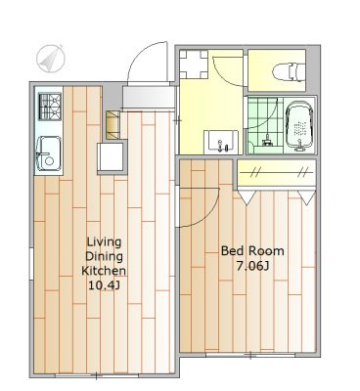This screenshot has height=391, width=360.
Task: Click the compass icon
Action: click(50, 59)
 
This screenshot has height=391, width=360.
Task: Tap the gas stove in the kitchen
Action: click(50, 107)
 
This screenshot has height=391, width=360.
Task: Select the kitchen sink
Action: click(48, 153)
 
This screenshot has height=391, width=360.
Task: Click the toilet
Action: click(289, 72)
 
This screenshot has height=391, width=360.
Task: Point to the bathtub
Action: click(299, 126)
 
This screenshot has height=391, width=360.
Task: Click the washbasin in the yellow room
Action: click(221, 141)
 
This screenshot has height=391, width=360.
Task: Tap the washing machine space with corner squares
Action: click(194, 65)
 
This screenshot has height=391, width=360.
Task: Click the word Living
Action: click(104, 242)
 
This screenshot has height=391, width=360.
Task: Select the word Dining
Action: click(104, 256)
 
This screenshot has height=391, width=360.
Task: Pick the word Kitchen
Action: click(104, 271)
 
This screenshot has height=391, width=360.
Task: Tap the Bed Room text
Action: click(252, 251)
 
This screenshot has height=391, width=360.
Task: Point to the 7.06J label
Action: click(252, 266)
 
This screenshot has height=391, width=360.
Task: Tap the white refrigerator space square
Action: click(112, 156)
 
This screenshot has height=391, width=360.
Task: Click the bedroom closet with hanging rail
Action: click(276, 173)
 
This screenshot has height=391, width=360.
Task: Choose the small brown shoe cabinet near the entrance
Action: click(112, 125)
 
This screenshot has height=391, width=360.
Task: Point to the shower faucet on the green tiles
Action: click(267, 140)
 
